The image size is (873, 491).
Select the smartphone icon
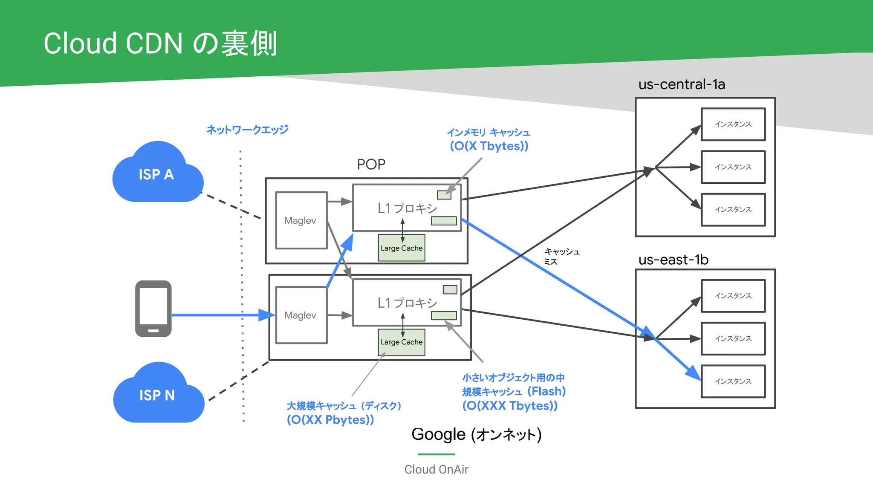coord(153,309)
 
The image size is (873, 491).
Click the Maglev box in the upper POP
coord(301,220)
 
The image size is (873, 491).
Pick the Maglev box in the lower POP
coord(301,315)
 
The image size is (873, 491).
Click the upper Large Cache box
coord(402,248)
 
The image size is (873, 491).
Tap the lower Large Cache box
coord(402,342)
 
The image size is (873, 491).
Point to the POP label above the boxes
coord(371,165)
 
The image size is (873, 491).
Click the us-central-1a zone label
coord(681,84)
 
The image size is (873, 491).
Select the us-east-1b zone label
coord(673,260)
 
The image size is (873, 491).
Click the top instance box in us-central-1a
coord(733,124)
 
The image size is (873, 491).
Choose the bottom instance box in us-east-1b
coord(733,381)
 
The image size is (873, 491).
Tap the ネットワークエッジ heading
coord(247,130)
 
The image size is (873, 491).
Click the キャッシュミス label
coord(561,256)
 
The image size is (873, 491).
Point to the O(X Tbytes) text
coord(489,146)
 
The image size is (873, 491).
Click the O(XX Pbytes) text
coord(330,420)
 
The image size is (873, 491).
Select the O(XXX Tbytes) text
coord(510,406)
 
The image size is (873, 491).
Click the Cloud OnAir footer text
coord(436,469)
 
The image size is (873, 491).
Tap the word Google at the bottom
coord(438,435)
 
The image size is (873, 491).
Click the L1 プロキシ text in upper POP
coord(407,208)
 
